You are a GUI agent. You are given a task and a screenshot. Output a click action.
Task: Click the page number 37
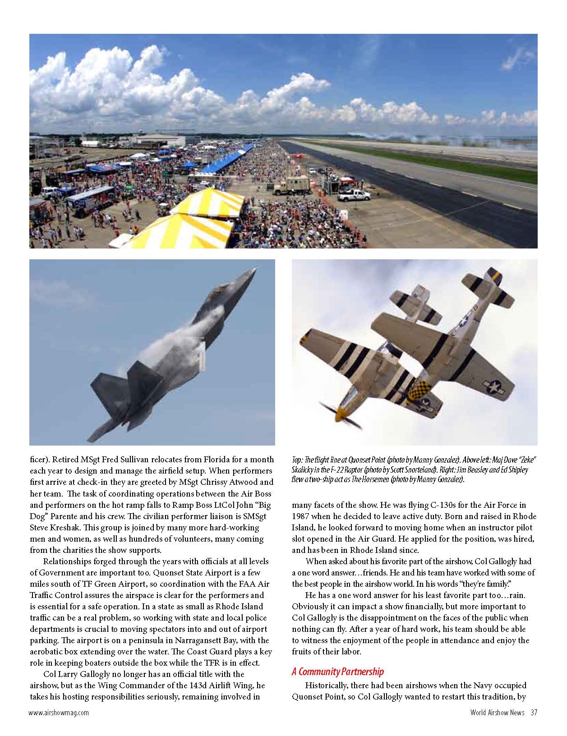[534, 713]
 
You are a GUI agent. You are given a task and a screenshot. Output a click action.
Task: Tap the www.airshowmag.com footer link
[59, 713]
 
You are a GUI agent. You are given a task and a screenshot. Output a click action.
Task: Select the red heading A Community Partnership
[338, 672]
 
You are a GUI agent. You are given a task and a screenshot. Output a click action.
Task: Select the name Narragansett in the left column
[210, 640]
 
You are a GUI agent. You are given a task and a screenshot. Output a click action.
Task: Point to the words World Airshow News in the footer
[497, 713]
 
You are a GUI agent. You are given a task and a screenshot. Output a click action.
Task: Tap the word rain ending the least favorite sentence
[515, 595]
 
